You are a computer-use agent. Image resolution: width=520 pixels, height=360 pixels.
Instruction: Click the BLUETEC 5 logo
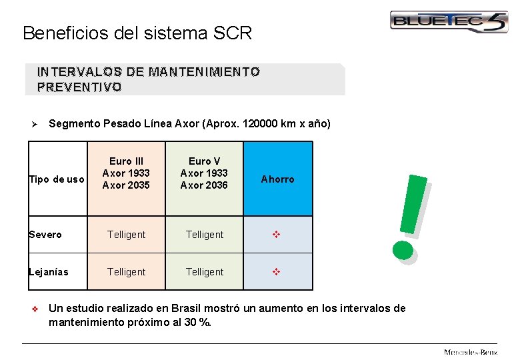[449, 21]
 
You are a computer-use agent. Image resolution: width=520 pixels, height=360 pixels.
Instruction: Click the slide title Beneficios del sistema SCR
[137, 33]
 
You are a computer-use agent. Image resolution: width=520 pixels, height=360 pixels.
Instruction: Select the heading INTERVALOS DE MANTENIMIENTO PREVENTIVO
[149, 79]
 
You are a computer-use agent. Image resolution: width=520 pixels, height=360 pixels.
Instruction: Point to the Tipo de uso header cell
[57, 179]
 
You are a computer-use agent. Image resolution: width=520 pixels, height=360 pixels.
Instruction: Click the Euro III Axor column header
[126, 173]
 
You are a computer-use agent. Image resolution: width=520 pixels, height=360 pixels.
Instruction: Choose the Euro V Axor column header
[204, 173]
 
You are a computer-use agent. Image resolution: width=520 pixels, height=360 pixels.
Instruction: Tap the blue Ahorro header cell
[277, 179]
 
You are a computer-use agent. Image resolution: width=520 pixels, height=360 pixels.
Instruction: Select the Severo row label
[46, 235]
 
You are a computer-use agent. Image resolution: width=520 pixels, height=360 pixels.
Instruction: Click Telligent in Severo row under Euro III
[126, 235]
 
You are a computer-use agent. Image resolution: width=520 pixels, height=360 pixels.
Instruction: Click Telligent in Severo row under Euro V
[205, 235]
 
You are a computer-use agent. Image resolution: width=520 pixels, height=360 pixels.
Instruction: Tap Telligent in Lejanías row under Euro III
[126, 272]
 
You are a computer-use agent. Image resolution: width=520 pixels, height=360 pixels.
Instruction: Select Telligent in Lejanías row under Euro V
[205, 272]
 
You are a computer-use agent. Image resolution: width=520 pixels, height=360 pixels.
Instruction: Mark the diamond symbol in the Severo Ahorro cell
[277, 235]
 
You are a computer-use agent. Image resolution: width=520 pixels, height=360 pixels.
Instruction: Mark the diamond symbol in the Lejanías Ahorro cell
[277, 272]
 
